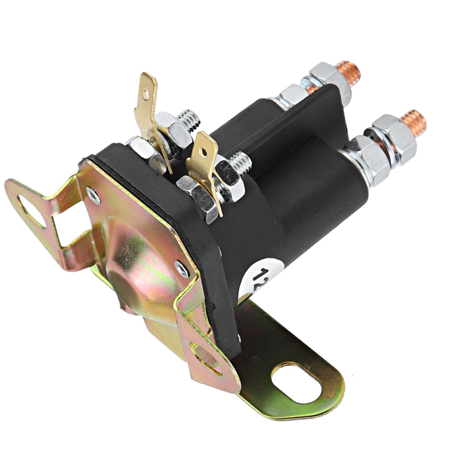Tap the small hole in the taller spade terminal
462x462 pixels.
(x=146, y=94)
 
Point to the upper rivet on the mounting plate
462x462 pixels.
(x=93, y=196)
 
